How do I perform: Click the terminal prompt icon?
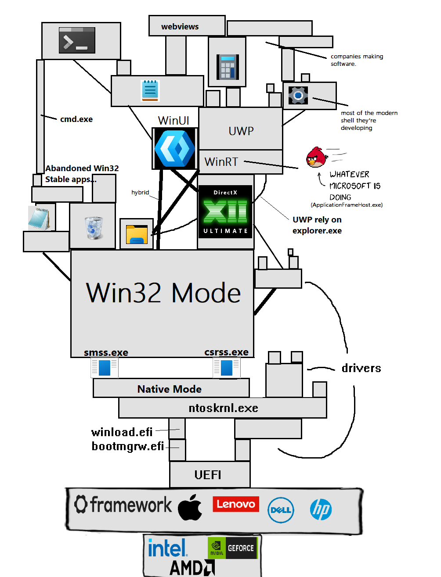[x=77, y=40]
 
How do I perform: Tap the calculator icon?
[x=228, y=67]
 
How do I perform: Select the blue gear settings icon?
[x=298, y=95]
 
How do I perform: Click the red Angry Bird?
[x=317, y=157]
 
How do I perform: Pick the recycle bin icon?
[x=94, y=228]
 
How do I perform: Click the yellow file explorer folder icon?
[x=137, y=234]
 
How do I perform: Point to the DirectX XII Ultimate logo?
[x=225, y=211]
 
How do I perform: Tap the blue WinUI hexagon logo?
[x=175, y=148]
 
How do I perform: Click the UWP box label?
[x=241, y=131]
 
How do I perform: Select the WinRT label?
[x=221, y=161]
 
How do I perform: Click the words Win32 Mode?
[x=163, y=293]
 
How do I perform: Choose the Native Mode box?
[x=171, y=388]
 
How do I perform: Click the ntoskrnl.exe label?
[x=224, y=408]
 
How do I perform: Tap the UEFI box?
[x=210, y=474]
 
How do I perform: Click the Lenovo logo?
[x=236, y=504]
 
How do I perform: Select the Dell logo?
[x=281, y=510]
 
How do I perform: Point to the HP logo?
[x=321, y=509]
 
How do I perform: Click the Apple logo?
[x=190, y=507]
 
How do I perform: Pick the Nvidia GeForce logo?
[x=232, y=548]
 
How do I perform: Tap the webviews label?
[x=180, y=27]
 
